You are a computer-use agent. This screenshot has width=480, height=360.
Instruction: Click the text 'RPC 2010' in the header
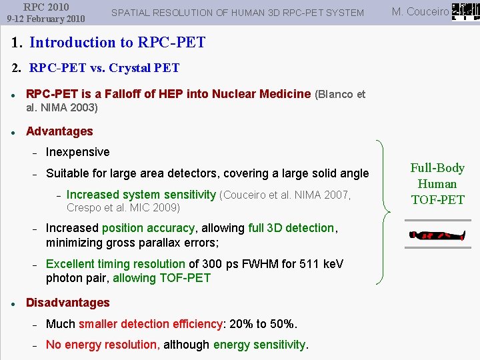[45, 7]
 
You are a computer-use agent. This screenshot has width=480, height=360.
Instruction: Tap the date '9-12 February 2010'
[45, 19]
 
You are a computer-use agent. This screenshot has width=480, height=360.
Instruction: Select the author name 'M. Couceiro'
[420, 12]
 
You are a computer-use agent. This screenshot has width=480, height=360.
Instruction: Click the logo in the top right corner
[465, 11]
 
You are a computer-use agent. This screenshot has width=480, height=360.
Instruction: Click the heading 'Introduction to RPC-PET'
[117, 43]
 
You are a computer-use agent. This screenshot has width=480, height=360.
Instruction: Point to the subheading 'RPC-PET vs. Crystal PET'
[104, 68]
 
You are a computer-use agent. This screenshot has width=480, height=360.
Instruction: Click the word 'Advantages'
[59, 131]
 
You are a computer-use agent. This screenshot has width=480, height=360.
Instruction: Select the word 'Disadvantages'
[67, 303]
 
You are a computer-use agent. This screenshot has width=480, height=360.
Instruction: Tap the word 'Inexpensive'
[77, 153]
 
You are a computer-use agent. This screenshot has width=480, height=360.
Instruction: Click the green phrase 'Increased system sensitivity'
[141, 195]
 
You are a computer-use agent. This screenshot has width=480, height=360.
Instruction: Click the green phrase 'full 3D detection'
[291, 228]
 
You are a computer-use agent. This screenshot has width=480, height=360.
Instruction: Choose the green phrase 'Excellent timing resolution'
[115, 264]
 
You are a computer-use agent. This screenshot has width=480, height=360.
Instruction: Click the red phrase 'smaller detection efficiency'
[150, 324]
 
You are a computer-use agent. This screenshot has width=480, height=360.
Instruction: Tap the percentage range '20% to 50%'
[263, 324]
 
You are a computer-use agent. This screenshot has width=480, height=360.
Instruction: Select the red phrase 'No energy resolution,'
[103, 345]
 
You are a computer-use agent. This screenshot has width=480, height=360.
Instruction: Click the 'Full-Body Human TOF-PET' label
[437, 184]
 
